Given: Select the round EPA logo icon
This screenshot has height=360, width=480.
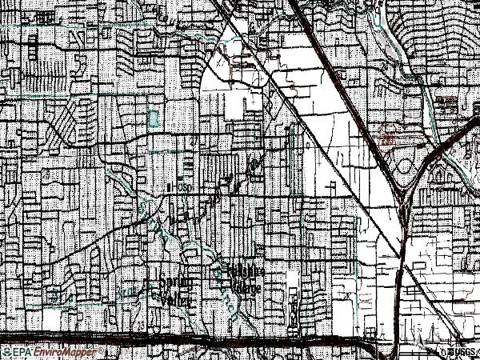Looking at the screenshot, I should tap(7, 351).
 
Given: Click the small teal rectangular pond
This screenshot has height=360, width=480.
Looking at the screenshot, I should tap(153, 119).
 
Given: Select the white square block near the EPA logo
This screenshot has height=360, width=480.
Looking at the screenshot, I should tap(52, 320).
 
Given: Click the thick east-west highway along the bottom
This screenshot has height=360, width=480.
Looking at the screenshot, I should tap(240, 339).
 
